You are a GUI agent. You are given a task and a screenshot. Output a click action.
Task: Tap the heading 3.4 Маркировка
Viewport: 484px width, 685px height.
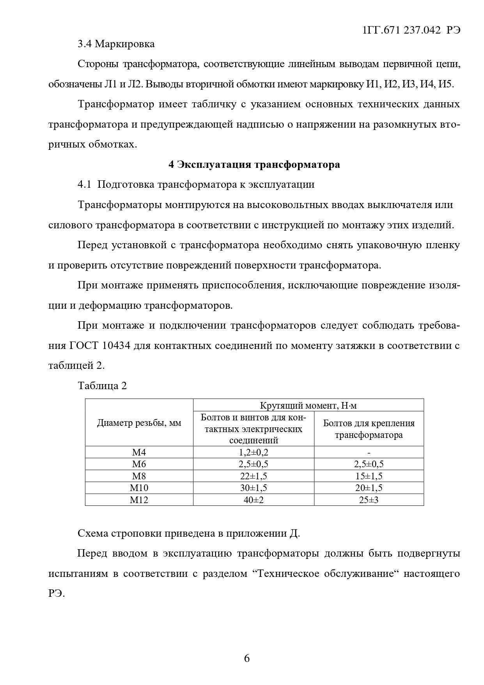(x=116, y=44)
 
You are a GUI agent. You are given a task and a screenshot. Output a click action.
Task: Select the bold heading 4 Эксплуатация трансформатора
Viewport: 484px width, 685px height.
(x=254, y=164)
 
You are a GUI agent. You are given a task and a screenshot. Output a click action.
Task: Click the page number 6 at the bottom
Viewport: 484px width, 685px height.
(x=246, y=658)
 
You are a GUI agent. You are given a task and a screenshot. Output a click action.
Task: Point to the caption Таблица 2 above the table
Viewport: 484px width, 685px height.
(x=102, y=386)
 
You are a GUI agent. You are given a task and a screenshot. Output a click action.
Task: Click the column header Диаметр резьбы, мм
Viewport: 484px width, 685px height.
(x=139, y=423)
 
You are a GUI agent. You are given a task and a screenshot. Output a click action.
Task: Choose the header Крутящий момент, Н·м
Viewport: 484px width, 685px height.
(x=308, y=406)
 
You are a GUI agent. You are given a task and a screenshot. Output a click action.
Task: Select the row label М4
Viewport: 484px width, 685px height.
(x=139, y=452)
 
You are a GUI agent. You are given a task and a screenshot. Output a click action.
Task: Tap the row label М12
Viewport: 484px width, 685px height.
(x=139, y=500)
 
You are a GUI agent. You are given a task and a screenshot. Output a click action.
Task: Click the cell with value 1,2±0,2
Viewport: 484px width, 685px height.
(x=254, y=452)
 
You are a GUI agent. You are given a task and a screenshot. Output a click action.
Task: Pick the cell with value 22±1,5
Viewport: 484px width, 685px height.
(x=254, y=476)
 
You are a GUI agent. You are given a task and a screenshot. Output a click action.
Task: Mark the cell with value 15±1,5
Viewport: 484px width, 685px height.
(x=369, y=476)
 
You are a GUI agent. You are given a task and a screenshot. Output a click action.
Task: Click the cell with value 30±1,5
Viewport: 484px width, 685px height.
(x=254, y=488)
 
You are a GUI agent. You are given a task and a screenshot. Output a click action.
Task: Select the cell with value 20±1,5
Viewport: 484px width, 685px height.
(x=369, y=488)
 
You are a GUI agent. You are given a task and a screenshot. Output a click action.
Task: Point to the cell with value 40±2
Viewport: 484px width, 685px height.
(x=254, y=500)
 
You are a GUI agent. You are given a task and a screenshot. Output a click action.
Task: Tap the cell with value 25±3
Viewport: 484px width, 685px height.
(x=369, y=500)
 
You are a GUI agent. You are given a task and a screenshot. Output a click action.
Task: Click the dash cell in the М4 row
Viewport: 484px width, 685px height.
(x=369, y=452)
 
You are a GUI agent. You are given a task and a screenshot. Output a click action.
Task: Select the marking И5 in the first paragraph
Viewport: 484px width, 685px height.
(x=445, y=84)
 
